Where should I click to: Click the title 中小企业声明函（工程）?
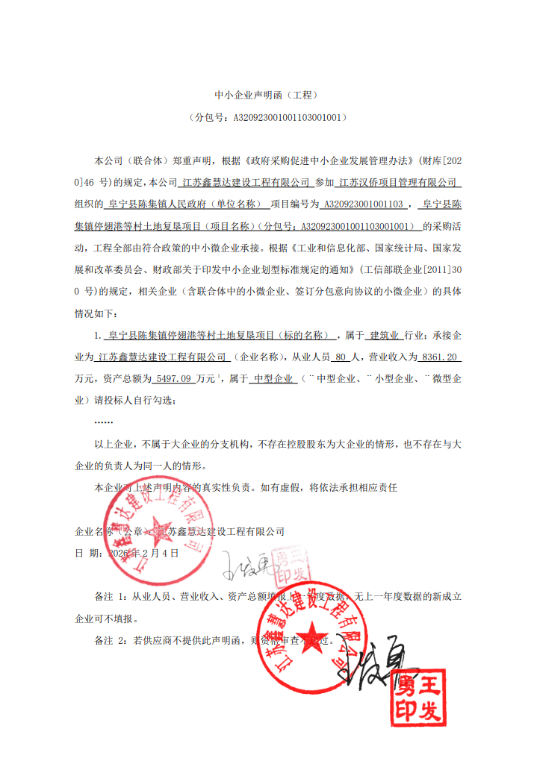tap(267, 96)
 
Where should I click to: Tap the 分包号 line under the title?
tap(267, 117)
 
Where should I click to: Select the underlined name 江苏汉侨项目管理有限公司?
tap(400, 181)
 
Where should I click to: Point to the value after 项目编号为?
tap(366, 203)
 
